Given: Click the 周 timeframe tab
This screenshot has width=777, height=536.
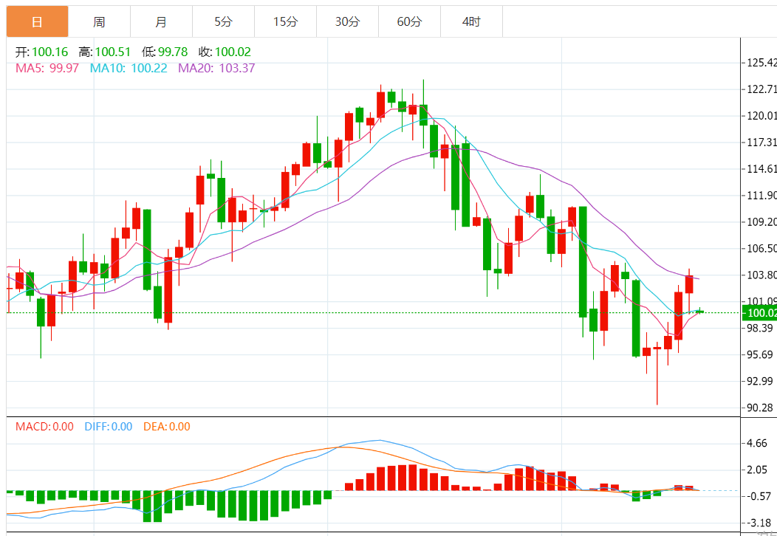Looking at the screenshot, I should [99, 22].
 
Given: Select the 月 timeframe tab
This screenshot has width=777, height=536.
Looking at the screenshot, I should [161, 22].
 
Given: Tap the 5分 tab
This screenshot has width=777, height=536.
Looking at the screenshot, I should [223, 22].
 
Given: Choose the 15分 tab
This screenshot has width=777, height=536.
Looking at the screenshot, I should [285, 22].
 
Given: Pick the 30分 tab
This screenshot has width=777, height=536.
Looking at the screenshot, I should [347, 22].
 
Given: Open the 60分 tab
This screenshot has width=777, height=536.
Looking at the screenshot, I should [409, 22].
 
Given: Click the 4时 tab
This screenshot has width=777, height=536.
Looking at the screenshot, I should [471, 22].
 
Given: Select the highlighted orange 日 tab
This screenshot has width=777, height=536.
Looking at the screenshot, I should [37, 22].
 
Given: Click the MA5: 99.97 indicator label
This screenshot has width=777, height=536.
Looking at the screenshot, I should [47, 68].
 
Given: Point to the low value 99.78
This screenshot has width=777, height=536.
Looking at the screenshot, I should [173, 52].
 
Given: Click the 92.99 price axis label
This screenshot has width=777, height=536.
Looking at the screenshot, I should [761, 381].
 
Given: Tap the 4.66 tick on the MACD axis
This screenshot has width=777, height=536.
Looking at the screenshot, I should [756, 443].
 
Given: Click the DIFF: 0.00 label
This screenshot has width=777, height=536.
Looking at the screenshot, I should [108, 426].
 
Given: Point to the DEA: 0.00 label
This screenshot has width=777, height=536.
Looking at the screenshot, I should [166, 426].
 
